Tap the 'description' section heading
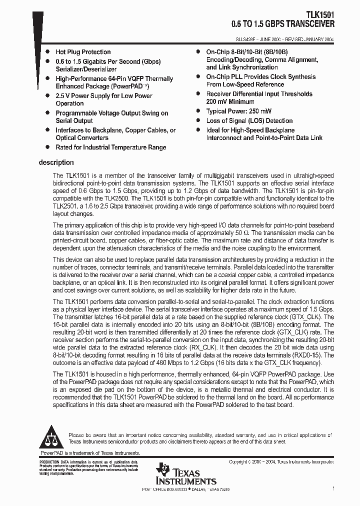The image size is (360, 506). pyautogui.click(x=56, y=162)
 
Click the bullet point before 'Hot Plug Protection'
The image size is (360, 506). pyautogui.click(x=47, y=52)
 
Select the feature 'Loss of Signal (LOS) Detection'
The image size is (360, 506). pyautogui.click(x=249, y=120)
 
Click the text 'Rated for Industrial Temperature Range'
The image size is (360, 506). pyautogui.click(x=110, y=147)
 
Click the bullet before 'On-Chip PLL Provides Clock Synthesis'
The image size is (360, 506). pyautogui.click(x=198, y=77)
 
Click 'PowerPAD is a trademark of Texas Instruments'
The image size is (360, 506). pyautogui.click(x=89, y=452)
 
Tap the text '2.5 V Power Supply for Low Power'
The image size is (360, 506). pyautogui.click(x=103, y=96)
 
